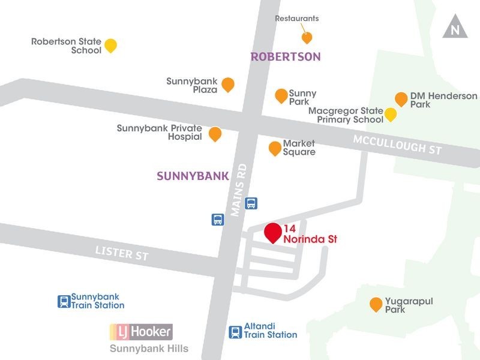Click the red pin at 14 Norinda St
(x=273, y=232)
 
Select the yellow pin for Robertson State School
(x=110, y=45)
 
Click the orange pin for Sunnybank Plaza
(x=227, y=84)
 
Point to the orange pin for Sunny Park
(x=281, y=95)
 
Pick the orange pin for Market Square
(x=274, y=148)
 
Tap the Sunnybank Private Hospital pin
(x=215, y=133)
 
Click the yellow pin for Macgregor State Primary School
(x=391, y=114)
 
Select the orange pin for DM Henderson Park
(x=401, y=99)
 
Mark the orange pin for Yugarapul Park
(x=376, y=304)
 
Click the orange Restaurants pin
(x=307, y=38)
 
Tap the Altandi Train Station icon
(x=235, y=331)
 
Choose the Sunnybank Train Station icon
(x=64, y=301)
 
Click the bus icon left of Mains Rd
(x=217, y=220)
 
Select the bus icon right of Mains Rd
(x=251, y=203)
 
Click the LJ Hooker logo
(x=141, y=331)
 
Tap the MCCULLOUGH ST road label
(x=397, y=144)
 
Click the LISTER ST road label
(x=122, y=254)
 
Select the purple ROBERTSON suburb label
(x=285, y=57)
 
